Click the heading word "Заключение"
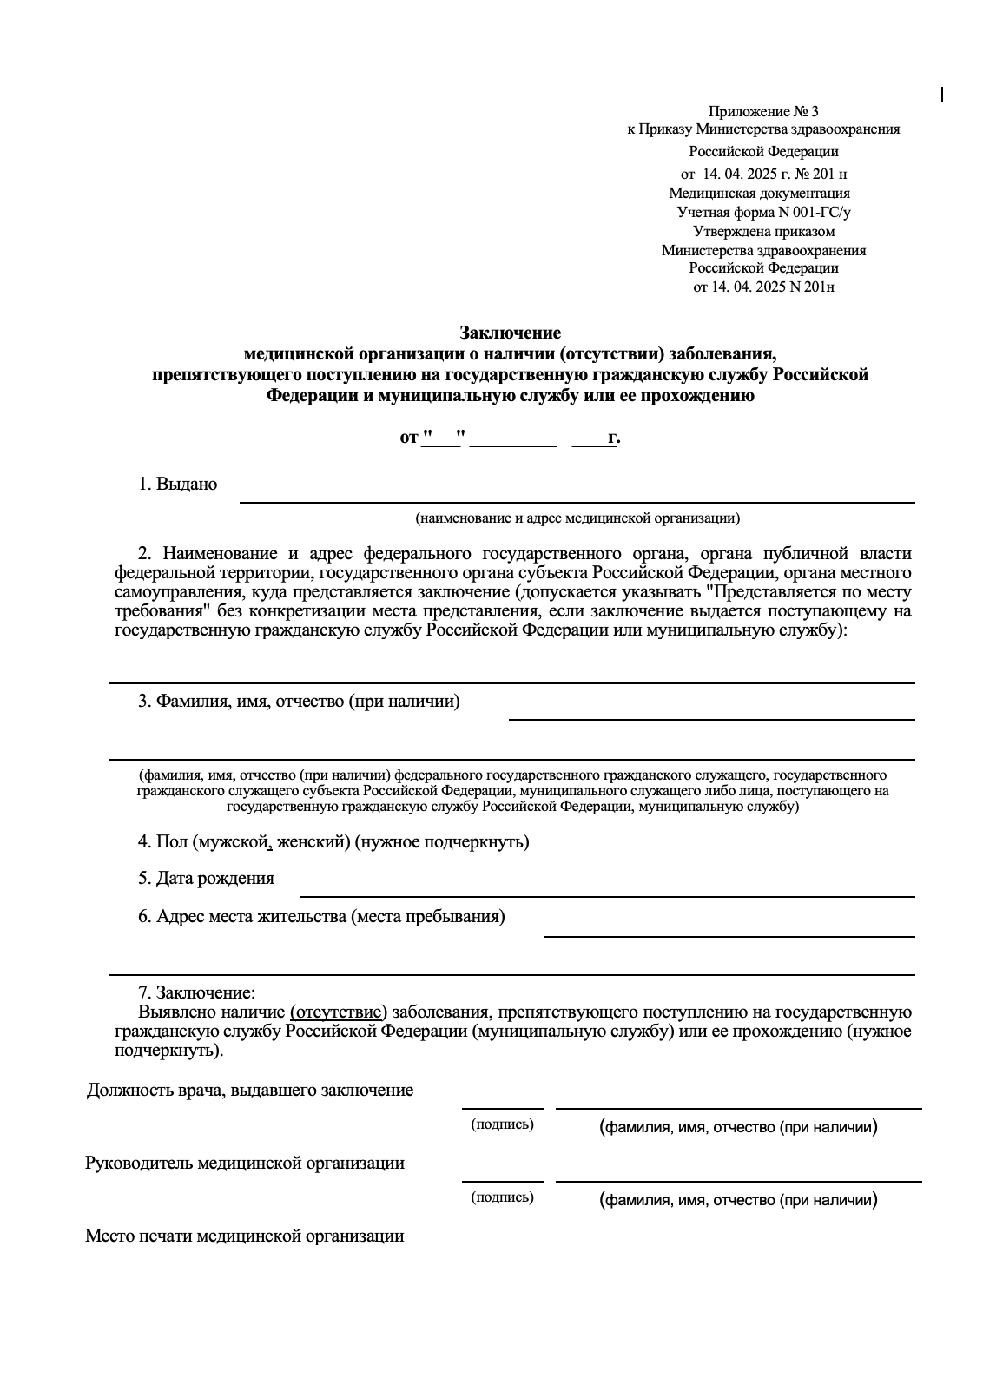[510, 333]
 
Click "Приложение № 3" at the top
[763, 111]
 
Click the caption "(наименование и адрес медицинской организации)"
[577, 518]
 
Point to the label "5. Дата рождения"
[206, 878]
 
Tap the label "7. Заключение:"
[196, 992]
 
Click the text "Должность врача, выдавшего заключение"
[249, 1091]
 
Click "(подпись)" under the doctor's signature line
[502, 1124]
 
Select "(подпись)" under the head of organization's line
[502, 1197]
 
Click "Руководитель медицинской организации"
[244, 1164]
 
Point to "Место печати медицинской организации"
[244, 1236]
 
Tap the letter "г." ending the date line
[613, 438]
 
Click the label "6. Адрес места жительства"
[321, 916]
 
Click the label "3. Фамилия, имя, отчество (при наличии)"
[299, 702]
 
